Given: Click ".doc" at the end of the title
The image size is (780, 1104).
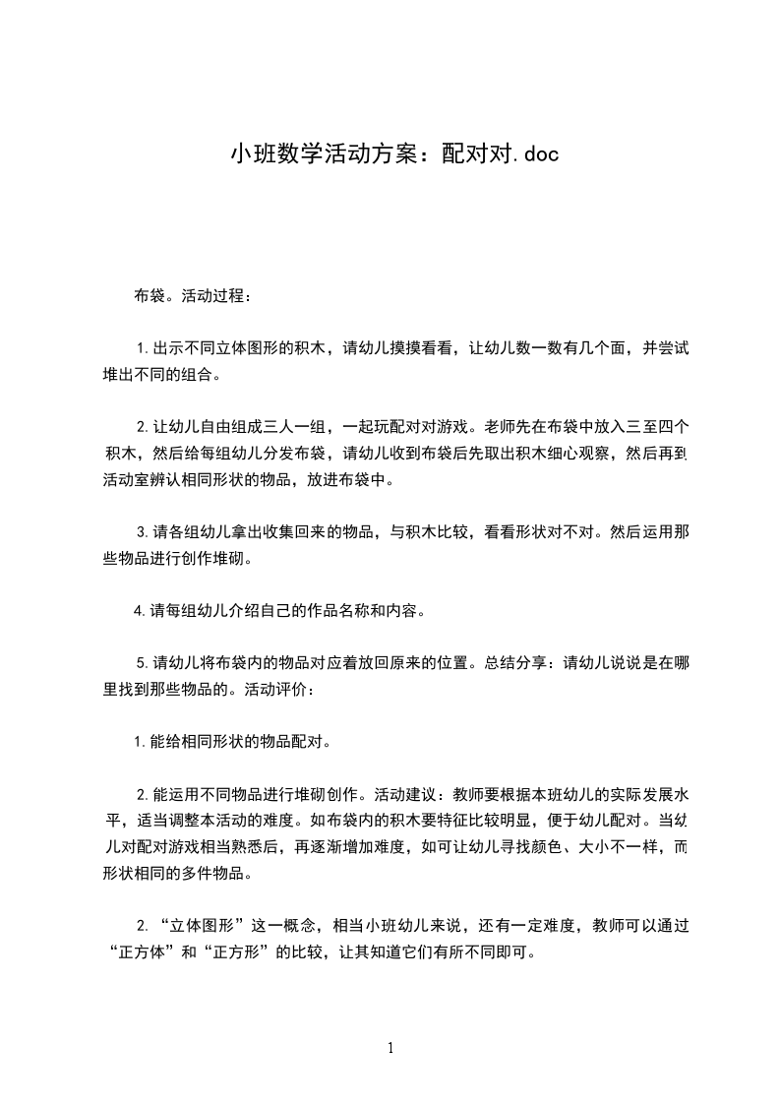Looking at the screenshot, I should click(534, 153).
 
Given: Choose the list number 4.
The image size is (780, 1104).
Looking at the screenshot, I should click(139, 611).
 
